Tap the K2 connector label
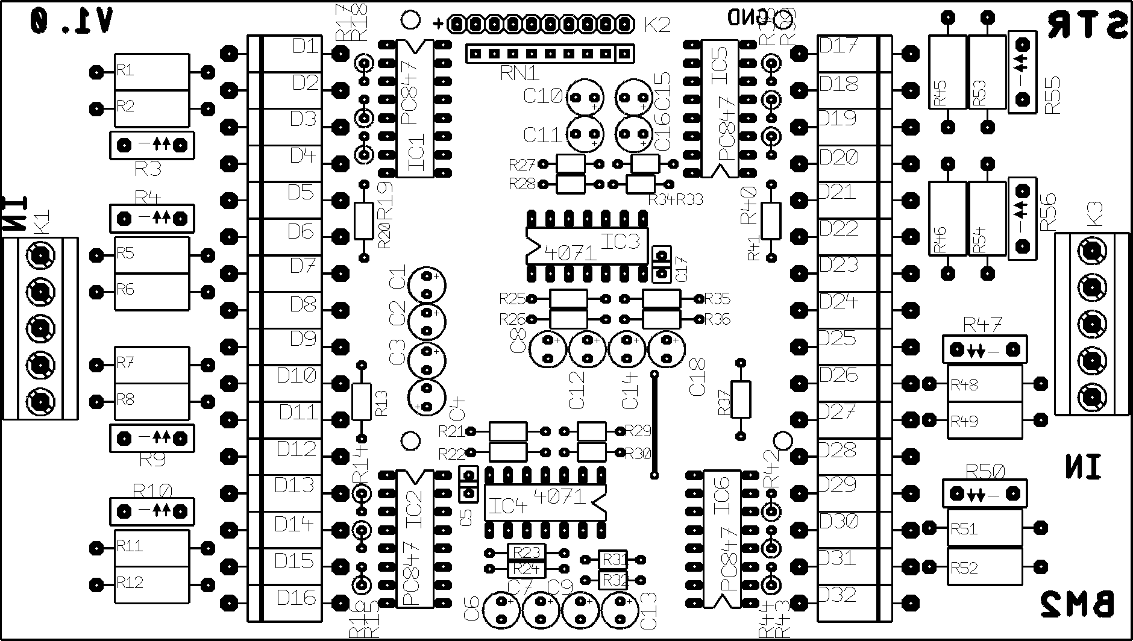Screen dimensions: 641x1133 point(657,25)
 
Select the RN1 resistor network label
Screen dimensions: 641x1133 point(519,73)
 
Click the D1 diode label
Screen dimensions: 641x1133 point(305,46)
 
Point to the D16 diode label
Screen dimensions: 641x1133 point(296,598)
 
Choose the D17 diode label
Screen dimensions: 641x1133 point(838,46)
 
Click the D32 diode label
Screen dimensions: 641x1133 point(838,595)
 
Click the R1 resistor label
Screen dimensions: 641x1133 point(125,70)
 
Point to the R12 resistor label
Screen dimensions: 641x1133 point(130,583)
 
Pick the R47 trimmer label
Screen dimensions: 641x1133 point(982,326)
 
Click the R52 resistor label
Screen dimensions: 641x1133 point(964,568)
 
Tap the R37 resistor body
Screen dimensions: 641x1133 point(741,399)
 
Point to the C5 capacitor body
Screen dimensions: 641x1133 point(468,484)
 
